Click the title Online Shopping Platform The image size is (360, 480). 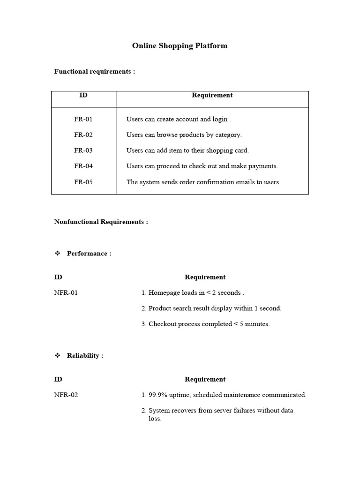click(x=180, y=46)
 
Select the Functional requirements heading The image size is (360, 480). click(x=94, y=72)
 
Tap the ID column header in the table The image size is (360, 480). click(x=83, y=95)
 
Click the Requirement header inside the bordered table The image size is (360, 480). click(x=212, y=95)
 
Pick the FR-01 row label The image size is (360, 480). click(x=83, y=120)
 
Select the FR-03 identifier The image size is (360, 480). click(x=83, y=151)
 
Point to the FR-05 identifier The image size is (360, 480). click(x=83, y=182)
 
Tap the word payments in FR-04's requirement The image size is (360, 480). click(x=264, y=166)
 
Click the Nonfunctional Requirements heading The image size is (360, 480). click(x=101, y=222)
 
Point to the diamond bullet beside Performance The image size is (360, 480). click(x=58, y=254)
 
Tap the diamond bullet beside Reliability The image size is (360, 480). click(x=58, y=356)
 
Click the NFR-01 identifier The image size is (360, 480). click(x=66, y=293)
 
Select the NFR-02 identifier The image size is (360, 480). click(x=66, y=395)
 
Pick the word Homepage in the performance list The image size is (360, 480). click(x=164, y=293)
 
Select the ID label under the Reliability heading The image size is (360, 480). click(x=58, y=379)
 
